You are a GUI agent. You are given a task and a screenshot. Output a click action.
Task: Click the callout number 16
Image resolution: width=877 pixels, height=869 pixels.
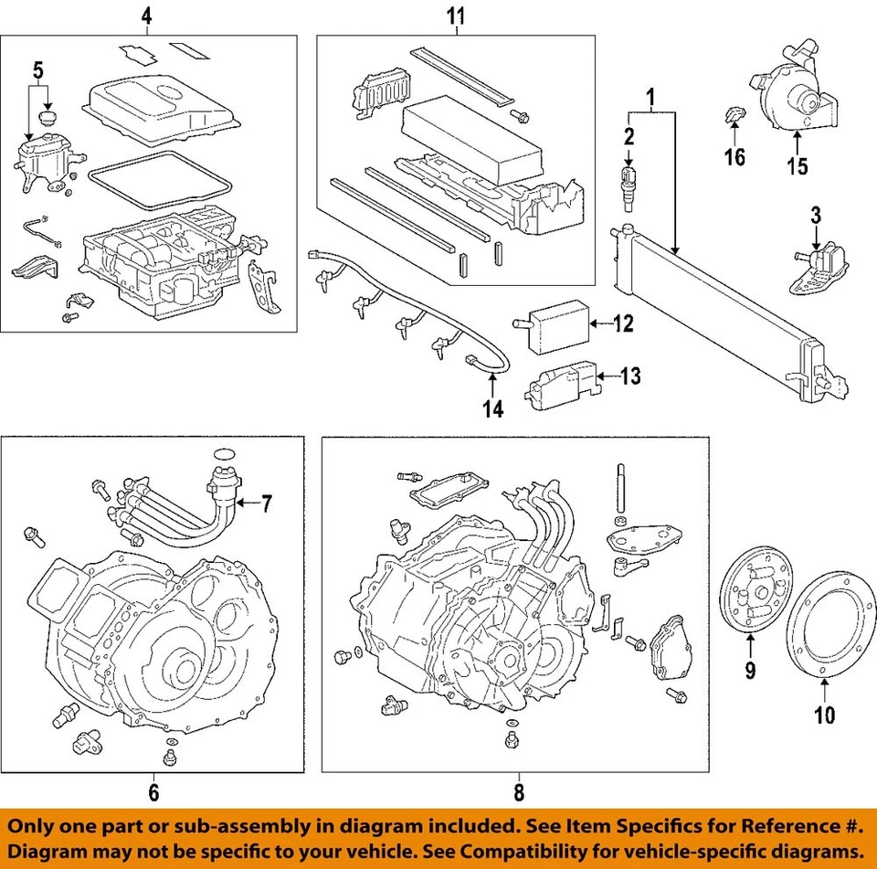(734, 156)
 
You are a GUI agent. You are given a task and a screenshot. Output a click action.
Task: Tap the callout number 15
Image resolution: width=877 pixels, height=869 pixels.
(798, 165)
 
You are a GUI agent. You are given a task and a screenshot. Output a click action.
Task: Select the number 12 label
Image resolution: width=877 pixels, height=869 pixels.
(623, 323)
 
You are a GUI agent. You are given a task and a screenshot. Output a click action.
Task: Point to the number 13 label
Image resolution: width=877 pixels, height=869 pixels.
(630, 376)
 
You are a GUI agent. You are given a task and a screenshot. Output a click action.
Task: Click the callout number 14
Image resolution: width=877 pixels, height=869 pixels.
(492, 409)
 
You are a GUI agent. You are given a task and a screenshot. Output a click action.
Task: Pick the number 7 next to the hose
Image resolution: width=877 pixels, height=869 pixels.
(267, 503)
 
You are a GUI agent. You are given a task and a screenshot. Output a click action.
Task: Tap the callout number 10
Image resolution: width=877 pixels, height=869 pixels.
(824, 715)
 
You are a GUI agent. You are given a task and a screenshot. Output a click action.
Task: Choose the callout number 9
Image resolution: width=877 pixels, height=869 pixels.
(750, 669)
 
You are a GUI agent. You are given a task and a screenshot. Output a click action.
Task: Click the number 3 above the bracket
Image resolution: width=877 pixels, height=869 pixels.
(816, 216)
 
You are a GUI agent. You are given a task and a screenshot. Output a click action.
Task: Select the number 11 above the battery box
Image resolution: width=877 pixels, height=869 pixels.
(456, 16)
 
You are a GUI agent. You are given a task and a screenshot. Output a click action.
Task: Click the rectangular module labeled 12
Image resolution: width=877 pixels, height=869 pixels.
(551, 326)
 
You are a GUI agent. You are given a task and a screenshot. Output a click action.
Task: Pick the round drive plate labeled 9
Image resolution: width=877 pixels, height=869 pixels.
(755, 595)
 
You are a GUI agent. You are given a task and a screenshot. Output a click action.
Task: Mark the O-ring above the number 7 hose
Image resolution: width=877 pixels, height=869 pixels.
(225, 454)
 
